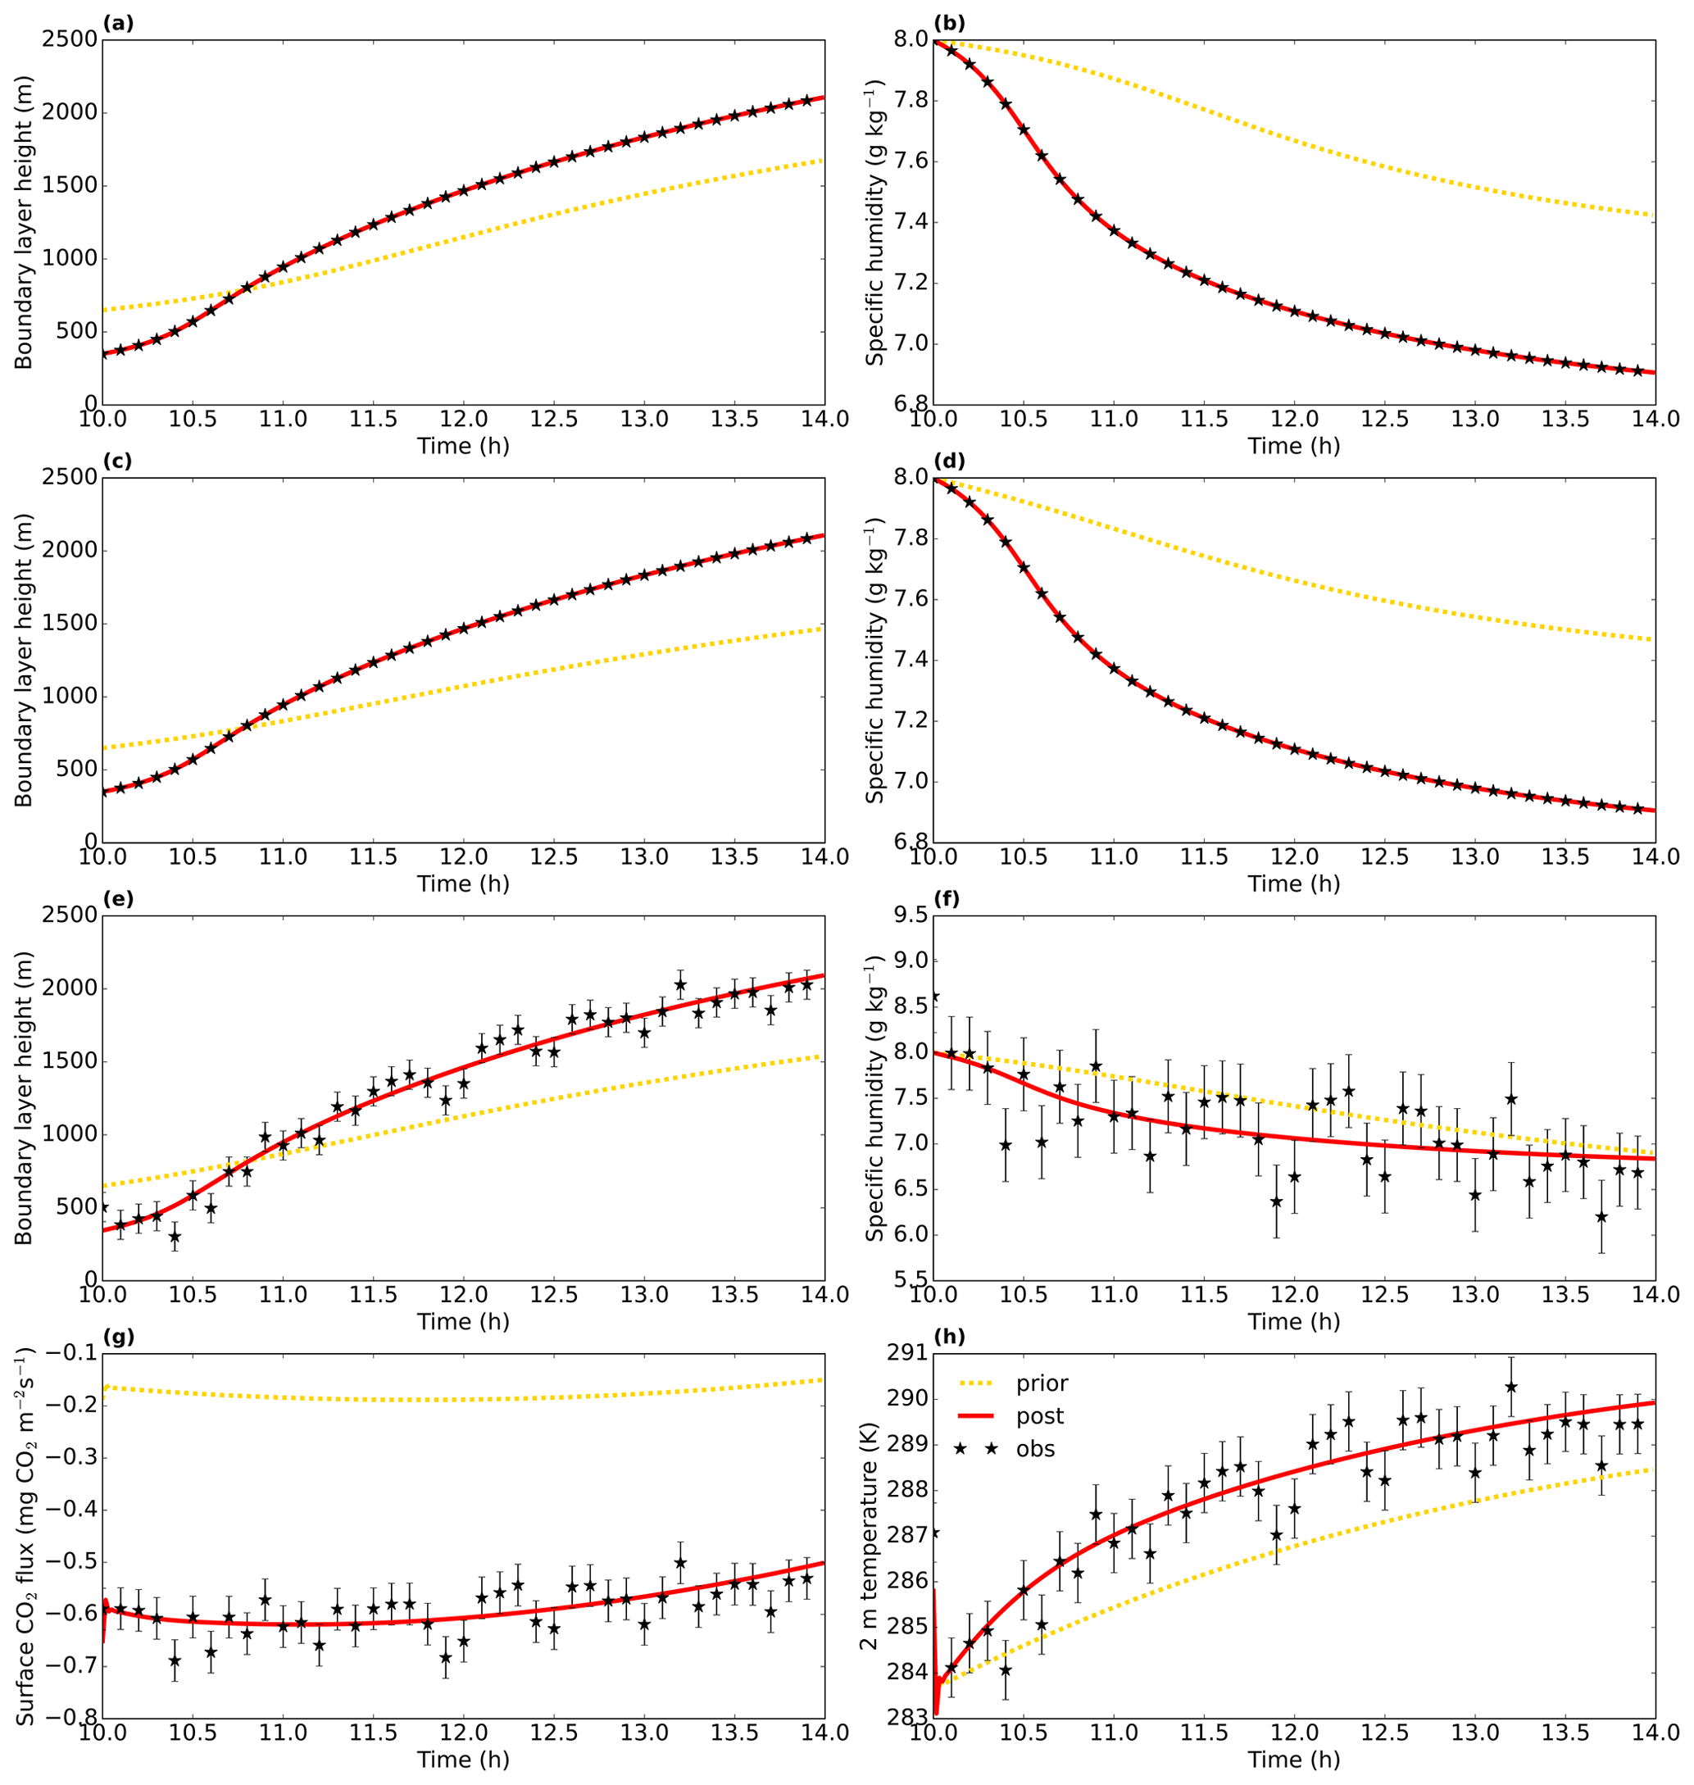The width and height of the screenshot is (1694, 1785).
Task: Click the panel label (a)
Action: (x=118, y=24)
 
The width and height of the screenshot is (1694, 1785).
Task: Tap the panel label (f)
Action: (x=948, y=899)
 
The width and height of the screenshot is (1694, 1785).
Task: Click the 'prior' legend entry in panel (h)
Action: (x=1041, y=1383)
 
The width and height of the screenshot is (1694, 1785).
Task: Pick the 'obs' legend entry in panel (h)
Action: (x=1035, y=1449)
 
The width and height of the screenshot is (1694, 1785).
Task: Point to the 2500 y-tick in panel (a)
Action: (x=70, y=39)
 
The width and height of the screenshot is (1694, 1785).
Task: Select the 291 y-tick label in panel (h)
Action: (x=907, y=1353)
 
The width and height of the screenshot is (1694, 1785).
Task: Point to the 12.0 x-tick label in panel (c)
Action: (x=463, y=856)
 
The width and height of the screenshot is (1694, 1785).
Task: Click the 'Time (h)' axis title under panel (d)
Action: (x=1294, y=884)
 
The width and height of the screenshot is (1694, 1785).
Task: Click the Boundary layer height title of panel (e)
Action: (x=25, y=1098)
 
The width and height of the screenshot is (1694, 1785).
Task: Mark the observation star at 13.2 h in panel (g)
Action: (x=680, y=1563)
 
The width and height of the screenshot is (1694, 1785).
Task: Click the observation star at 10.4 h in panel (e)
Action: (x=175, y=1237)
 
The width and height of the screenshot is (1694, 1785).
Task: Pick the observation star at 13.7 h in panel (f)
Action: (x=1601, y=1217)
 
